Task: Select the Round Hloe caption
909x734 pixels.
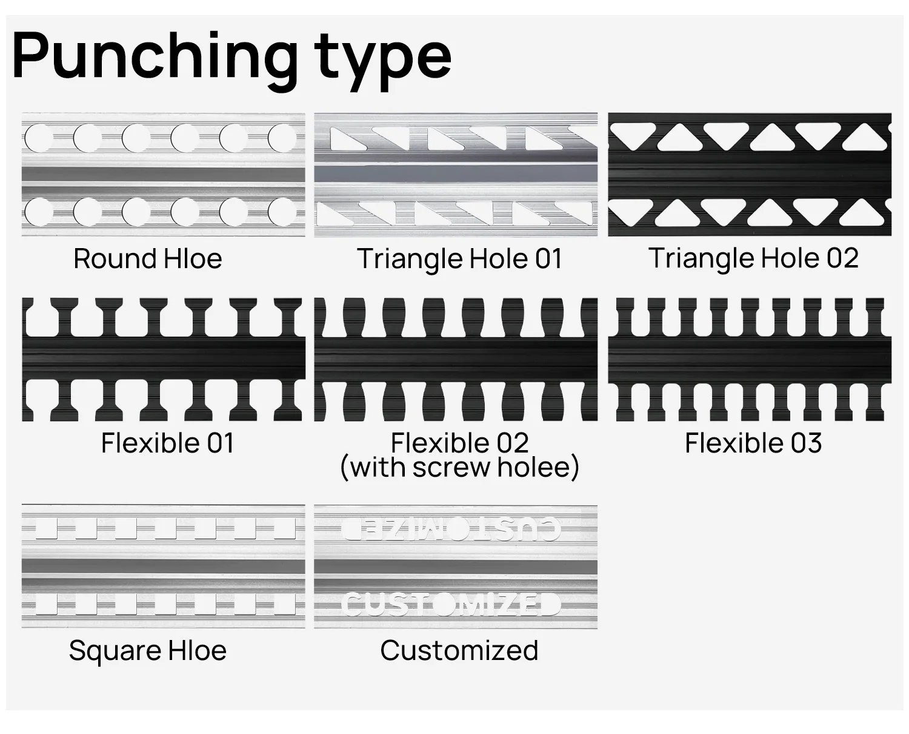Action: click(148, 259)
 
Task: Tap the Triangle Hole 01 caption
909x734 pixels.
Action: click(459, 259)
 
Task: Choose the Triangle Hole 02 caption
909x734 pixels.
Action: click(753, 258)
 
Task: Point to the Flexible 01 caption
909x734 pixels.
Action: click(167, 443)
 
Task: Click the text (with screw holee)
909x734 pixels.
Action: click(459, 468)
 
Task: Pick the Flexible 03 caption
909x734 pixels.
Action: click(753, 443)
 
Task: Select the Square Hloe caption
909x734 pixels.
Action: click(148, 651)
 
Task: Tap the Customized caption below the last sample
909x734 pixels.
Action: click(459, 651)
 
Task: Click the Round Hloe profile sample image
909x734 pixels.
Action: click(164, 174)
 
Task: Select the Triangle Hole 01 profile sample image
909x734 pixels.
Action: click(456, 174)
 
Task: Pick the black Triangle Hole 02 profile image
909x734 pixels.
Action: click(750, 174)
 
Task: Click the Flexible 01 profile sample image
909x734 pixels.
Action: click(164, 359)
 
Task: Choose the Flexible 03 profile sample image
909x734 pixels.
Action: click(750, 359)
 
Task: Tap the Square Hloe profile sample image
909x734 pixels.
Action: click(164, 567)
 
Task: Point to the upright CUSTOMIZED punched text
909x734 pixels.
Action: click(451, 604)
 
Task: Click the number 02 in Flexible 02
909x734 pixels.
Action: click(512, 443)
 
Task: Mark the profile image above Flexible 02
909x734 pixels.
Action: click(456, 359)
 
